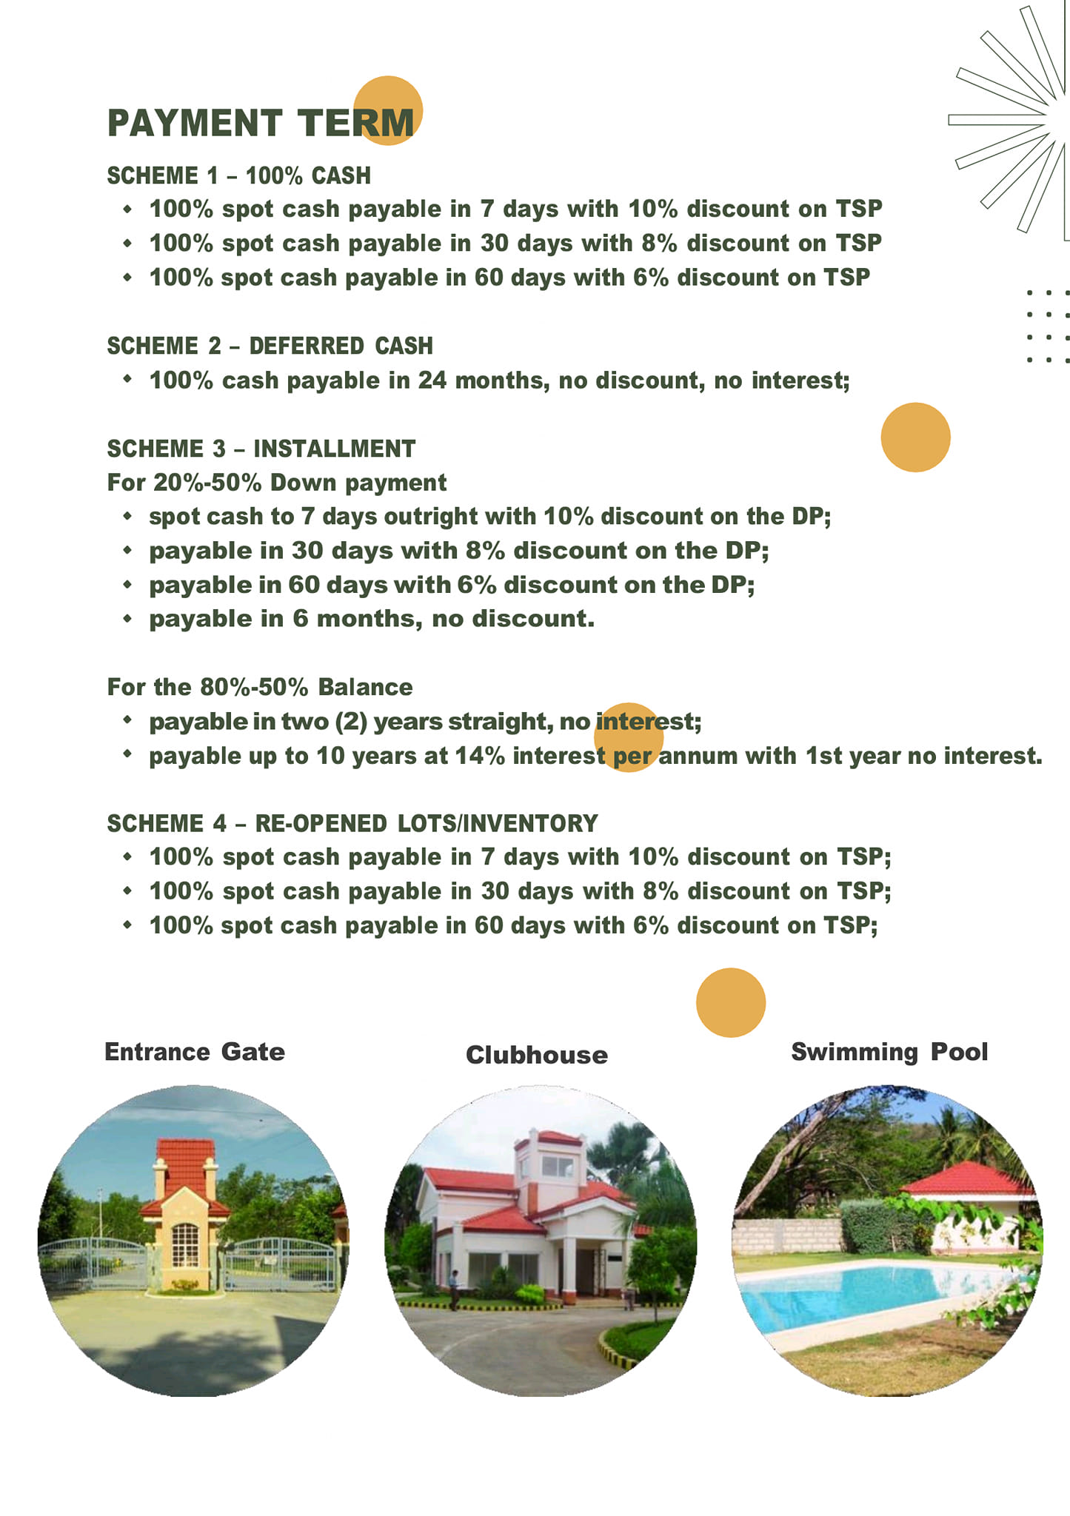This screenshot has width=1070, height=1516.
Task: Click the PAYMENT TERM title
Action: [261, 123]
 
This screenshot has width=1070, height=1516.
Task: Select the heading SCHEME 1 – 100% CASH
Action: [238, 176]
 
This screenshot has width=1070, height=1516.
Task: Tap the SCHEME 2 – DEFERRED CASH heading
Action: [270, 346]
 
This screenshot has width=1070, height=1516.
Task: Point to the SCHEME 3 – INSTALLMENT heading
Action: [261, 449]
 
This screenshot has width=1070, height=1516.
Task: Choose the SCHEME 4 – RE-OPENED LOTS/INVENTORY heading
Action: [352, 823]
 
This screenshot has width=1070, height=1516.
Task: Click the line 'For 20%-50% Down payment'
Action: [276, 483]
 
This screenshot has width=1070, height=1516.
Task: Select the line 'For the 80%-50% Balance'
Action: [259, 687]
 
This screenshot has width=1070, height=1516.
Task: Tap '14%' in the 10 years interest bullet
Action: [479, 756]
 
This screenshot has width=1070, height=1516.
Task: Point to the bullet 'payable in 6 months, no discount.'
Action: [371, 619]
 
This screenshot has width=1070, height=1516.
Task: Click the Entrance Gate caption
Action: [194, 1052]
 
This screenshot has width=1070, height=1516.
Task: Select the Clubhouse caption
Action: [536, 1055]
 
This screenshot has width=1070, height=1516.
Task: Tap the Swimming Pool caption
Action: [889, 1052]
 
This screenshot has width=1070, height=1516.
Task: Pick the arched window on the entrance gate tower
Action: [185, 1244]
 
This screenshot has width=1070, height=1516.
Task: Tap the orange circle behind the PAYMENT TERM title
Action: [387, 96]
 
